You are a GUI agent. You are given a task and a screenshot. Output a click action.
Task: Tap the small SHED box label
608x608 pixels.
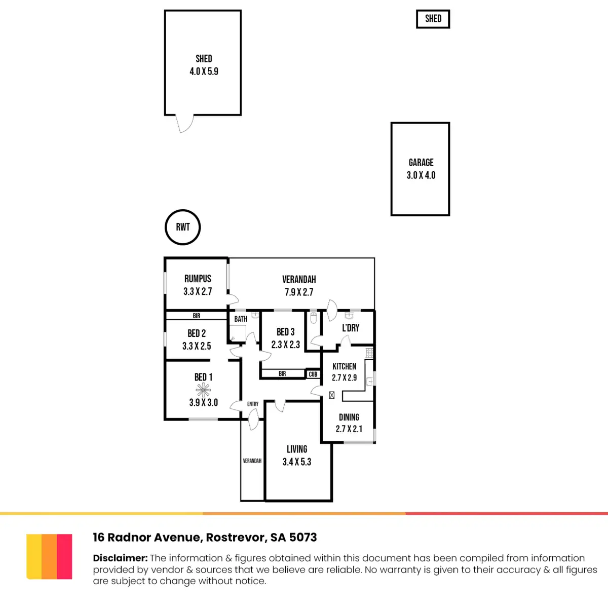(433, 19)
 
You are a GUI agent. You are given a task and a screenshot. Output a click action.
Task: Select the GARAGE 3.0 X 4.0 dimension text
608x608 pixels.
(421, 175)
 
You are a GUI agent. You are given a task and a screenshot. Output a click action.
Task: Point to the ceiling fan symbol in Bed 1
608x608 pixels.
(203, 390)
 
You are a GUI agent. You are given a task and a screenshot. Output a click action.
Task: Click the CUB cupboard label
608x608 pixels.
(313, 374)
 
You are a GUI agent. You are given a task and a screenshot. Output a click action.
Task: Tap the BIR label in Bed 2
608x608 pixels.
(196, 316)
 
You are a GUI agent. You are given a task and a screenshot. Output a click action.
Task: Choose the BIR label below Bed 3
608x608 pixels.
(282, 373)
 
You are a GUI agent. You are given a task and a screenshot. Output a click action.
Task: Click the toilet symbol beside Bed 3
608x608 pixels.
(313, 318)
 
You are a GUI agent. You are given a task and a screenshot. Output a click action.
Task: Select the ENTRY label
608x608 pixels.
(253, 404)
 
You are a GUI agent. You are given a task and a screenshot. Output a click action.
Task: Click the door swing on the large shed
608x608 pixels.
(184, 124)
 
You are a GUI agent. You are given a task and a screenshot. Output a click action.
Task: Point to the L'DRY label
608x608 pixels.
(351, 328)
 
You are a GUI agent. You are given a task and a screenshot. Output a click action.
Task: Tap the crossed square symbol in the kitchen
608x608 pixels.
(331, 395)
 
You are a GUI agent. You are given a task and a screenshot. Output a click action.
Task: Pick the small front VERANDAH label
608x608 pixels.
(252, 461)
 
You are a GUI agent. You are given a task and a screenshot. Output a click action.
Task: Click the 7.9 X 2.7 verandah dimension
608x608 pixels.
(299, 292)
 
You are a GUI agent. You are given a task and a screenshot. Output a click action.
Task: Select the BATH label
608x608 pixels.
(241, 319)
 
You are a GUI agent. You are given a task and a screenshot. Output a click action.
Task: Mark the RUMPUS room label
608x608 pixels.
(198, 279)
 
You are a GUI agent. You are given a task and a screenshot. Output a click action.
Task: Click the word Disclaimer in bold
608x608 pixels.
(120, 558)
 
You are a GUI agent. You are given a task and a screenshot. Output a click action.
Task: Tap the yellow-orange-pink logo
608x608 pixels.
(49, 556)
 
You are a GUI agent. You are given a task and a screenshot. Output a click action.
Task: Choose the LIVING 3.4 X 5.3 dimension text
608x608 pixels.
(296, 462)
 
